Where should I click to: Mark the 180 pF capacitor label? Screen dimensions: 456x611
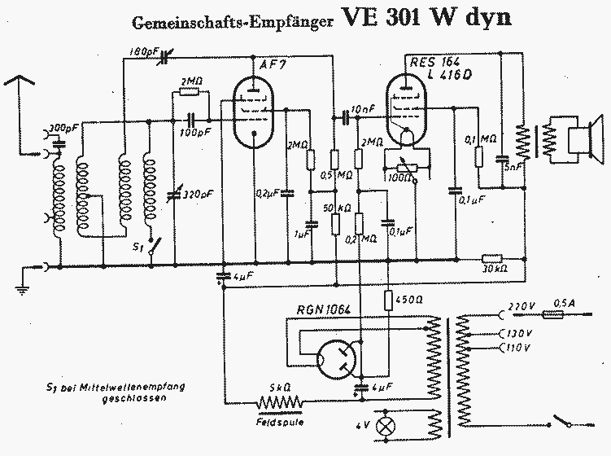(145, 53)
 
